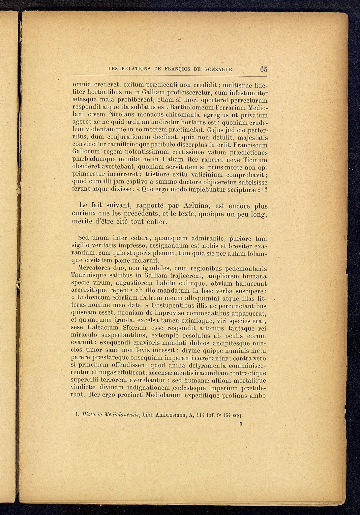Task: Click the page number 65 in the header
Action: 263,69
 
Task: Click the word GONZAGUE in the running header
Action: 218,69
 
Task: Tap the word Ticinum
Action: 255,160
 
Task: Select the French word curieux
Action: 84,214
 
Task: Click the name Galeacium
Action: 103,328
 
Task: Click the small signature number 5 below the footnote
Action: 241,424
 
